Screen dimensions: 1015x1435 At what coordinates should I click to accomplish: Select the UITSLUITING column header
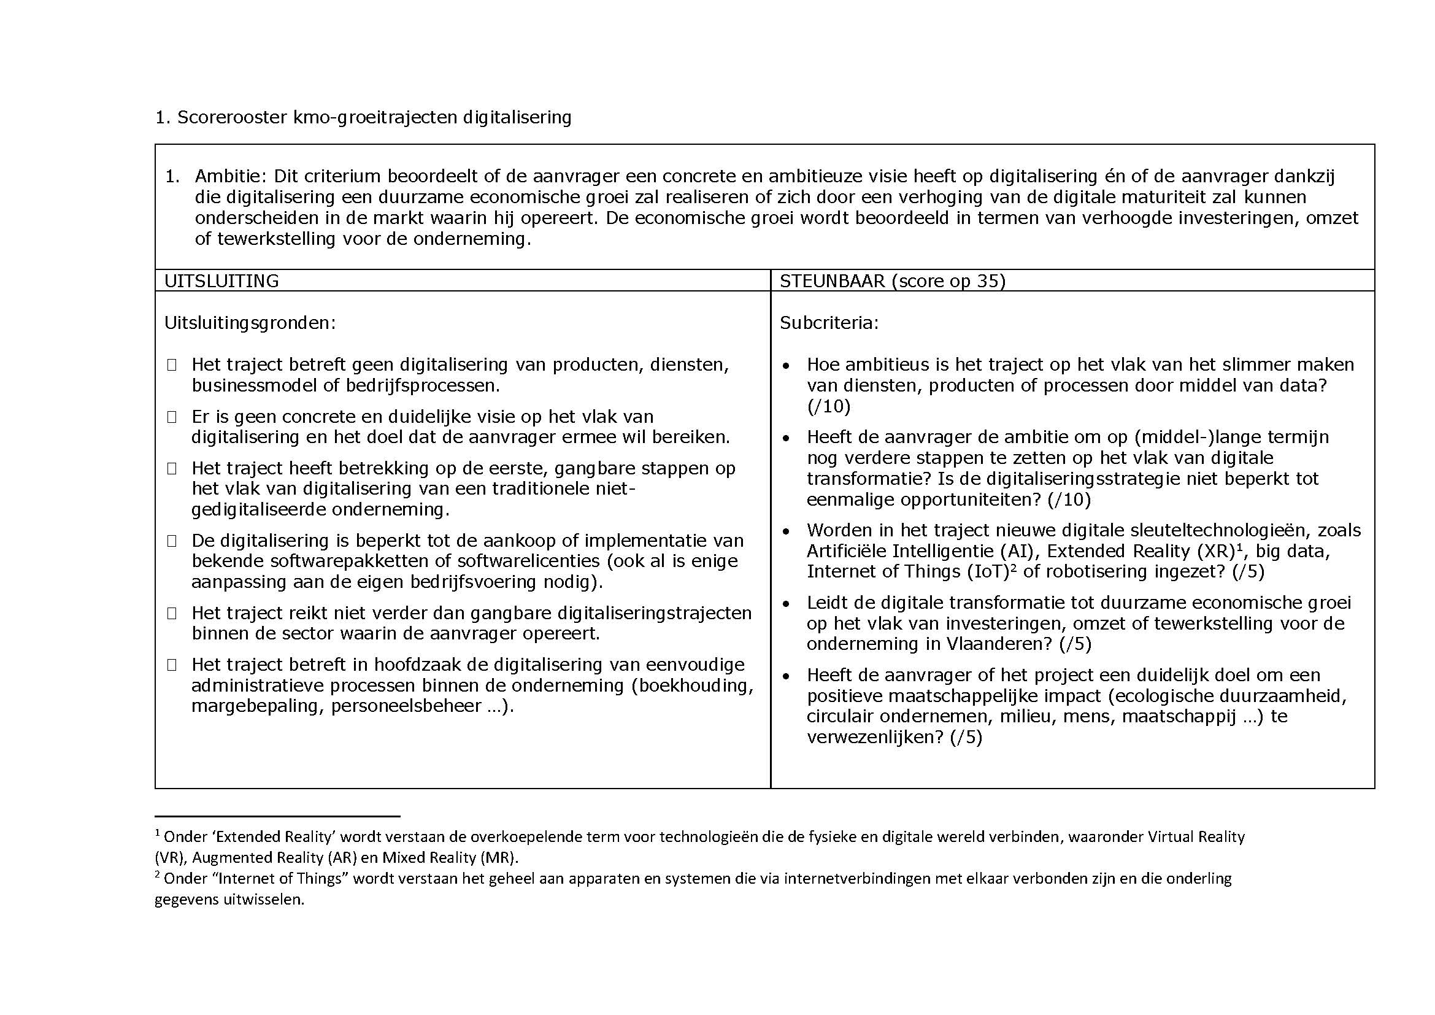click(221, 281)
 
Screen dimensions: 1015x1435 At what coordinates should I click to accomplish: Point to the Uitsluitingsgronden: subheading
click(250, 323)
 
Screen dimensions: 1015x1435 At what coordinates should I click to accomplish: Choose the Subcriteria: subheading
click(829, 323)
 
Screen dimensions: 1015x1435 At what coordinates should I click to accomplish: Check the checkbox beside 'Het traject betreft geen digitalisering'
click(172, 365)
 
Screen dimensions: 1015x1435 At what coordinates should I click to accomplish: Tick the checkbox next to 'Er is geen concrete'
click(172, 417)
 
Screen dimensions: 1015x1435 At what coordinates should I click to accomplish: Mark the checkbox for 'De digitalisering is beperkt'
click(172, 541)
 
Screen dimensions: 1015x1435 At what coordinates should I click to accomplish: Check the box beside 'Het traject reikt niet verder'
click(172, 613)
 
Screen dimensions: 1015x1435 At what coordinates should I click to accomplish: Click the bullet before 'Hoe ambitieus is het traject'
click(787, 366)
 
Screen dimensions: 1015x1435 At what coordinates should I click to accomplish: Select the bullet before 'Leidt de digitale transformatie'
click(787, 604)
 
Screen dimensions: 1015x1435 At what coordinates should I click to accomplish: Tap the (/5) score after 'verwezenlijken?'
click(966, 738)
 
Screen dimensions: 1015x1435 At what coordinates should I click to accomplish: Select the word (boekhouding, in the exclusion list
click(693, 685)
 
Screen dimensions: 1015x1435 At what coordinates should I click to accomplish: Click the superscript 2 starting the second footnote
click(158, 875)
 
